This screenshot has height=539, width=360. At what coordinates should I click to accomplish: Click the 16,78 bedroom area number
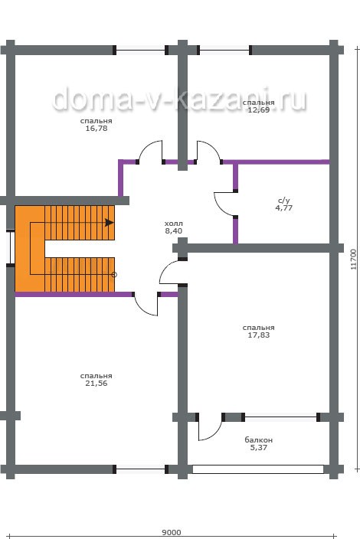click(x=97, y=129)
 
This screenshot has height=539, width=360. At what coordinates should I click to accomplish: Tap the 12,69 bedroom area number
click(x=259, y=110)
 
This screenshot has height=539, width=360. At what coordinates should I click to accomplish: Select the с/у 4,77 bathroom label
click(x=284, y=204)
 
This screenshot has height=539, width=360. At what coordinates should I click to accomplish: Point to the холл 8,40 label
click(x=174, y=227)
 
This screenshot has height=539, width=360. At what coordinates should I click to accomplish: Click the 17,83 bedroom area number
click(x=259, y=335)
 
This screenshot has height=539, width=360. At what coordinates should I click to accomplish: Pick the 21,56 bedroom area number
click(x=97, y=384)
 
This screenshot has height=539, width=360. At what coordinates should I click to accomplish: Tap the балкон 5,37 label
click(x=259, y=444)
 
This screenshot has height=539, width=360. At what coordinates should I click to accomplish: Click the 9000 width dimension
click(x=172, y=532)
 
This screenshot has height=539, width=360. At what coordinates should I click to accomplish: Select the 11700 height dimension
click(x=354, y=260)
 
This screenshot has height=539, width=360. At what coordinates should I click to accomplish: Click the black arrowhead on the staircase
click(x=110, y=222)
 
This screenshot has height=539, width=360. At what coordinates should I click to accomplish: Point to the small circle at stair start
click(x=114, y=275)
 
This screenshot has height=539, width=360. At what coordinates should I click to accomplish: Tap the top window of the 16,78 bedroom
click(x=140, y=51)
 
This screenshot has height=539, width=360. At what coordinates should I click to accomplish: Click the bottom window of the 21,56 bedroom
click(x=140, y=469)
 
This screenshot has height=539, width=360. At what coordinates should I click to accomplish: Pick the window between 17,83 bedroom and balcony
click(x=280, y=417)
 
